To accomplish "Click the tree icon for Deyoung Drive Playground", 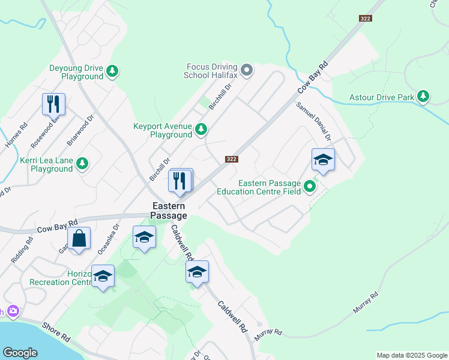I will click(x=112, y=72).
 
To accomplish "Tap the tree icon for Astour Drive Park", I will click(x=423, y=97).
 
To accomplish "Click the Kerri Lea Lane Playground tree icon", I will click(x=82, y=163).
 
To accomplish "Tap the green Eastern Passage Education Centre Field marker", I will click(x=310, y=187).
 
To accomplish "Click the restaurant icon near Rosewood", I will click(x=53, y=104).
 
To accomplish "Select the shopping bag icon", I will click(x=79, y=239).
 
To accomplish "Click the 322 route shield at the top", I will click(x=366, y=19).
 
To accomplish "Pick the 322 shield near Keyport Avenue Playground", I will click(x=232, y=159).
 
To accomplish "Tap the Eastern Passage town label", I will click(x=169, y=211).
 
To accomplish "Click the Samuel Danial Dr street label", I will click(x=313, y=121).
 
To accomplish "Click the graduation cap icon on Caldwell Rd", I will click(x=197, y=272).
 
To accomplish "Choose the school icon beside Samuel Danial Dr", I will click(x=323, y=160).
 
